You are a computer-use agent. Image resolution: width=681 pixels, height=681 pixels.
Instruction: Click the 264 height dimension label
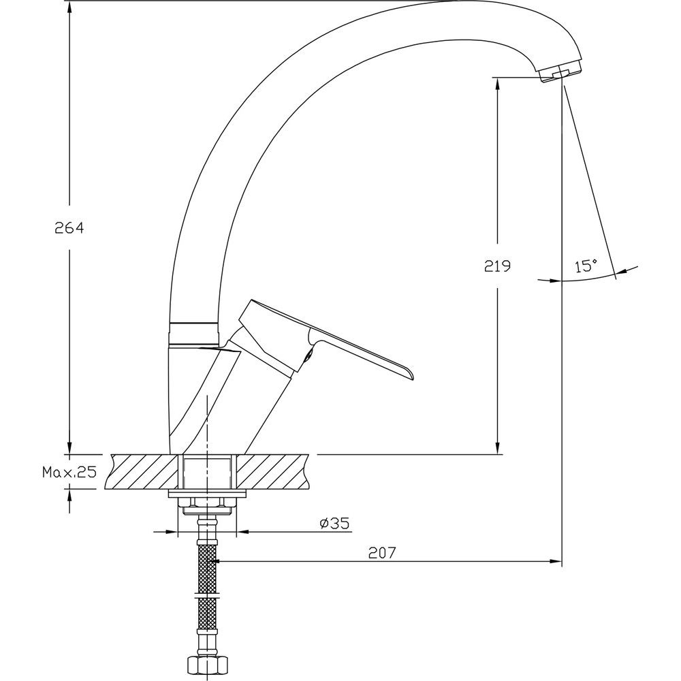(x=69, y=227)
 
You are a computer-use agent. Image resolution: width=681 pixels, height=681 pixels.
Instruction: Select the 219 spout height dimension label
(x=497, y=266)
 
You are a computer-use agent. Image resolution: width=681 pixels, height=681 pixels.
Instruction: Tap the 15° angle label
(x=586, y=266)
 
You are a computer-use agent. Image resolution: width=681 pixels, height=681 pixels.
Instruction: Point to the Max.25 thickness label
(x=69, y=472)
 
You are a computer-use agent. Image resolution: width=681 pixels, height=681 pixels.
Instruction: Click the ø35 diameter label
(x=334, y=523)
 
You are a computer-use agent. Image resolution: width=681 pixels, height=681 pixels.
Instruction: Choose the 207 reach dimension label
(x=383, y=552)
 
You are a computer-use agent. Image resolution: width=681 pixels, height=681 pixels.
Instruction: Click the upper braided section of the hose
(x=207, y=569)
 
